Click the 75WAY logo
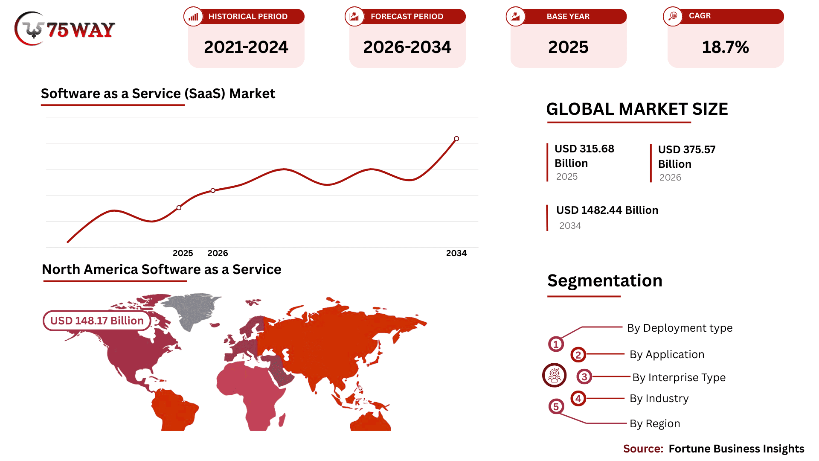point(65,29)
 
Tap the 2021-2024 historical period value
point(246,47)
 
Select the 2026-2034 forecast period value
point(407,47)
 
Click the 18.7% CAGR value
point(725,47)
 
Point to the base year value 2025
point(568,47)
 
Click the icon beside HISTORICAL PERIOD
point(193,17)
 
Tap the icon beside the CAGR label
point(673,16)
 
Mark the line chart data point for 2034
point(456,139)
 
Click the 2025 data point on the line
point(179,208)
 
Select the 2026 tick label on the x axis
point(218,253)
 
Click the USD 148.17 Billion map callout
point(97,321)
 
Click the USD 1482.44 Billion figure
point(607,210)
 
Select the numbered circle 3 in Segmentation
point(584,377)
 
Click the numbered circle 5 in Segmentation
point(556,406)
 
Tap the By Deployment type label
point(680,328)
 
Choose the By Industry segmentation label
point(659,398)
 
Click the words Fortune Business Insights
point(736,449)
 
